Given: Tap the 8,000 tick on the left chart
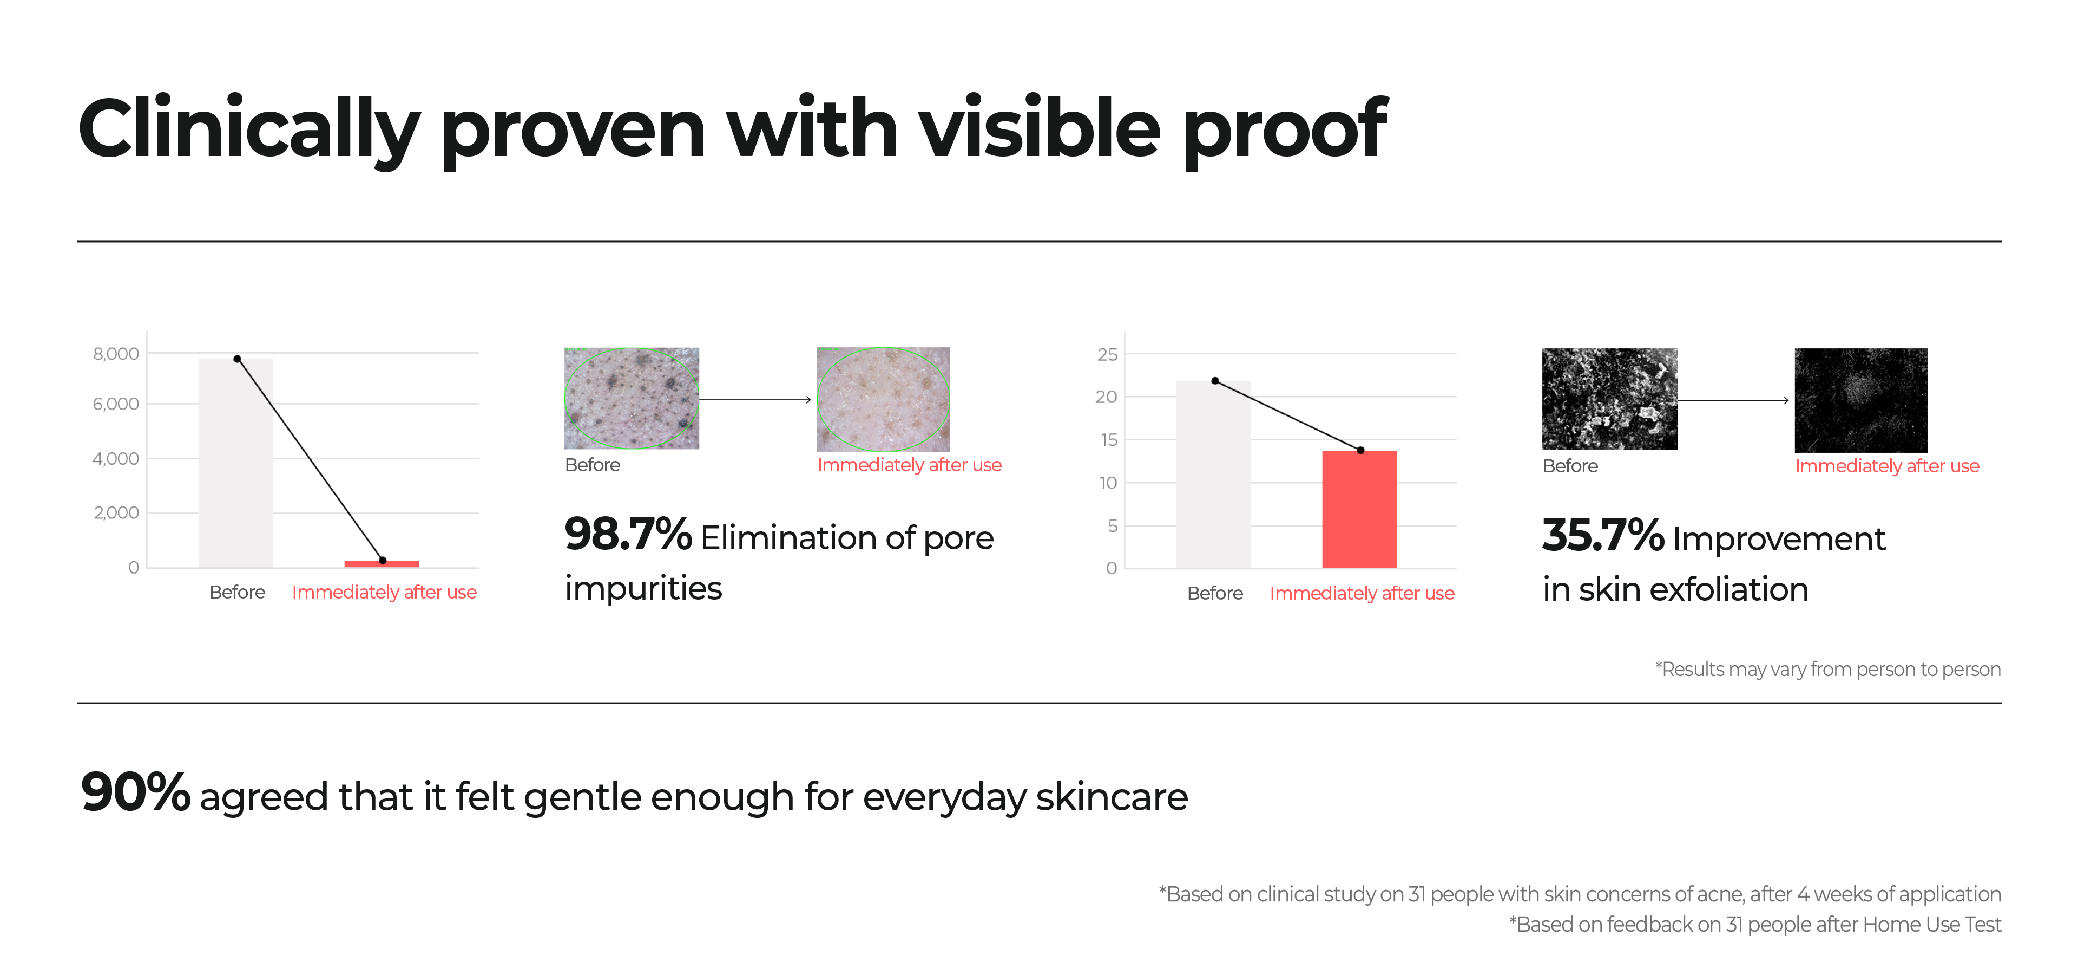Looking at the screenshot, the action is point(116,354).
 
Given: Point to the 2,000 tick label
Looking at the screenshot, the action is point(116,512).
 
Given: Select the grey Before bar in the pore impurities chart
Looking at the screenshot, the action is point(235,463).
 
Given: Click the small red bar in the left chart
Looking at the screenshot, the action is point(382,563).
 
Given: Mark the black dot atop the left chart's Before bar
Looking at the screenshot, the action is point(237,359).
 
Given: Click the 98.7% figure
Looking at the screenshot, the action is point(628,534).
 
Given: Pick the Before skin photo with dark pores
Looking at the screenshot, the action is point(632,398).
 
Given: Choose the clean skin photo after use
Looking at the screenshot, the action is point(883,399).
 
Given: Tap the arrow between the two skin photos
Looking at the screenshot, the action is point(755,400).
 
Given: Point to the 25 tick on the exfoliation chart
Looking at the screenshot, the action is point(1108,354).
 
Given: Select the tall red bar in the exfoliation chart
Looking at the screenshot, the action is point(1359,509).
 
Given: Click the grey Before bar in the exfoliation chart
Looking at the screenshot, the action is point(1213,474).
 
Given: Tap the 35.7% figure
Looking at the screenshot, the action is point(1603,535).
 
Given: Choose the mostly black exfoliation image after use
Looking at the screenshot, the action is point(1861,400).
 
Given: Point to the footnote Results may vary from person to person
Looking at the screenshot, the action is point(1828,669).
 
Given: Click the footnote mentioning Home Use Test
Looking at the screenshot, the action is point(1755,924).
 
